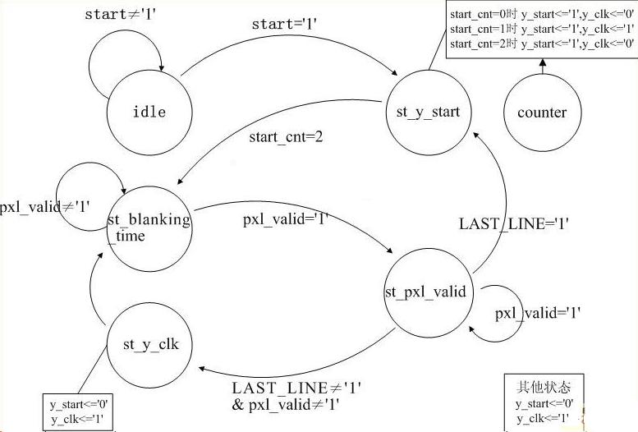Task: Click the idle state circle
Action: (149, 111)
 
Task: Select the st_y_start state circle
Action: (427, 113)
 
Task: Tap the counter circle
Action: (542, 113)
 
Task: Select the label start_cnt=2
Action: (286, 136)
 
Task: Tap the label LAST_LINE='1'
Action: (513, 223)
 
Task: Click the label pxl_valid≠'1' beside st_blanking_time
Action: (46, 206)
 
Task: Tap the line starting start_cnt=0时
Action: (541, 15)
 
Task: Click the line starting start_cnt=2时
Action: (541, 44)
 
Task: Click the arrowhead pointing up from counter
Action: (541, 62)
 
